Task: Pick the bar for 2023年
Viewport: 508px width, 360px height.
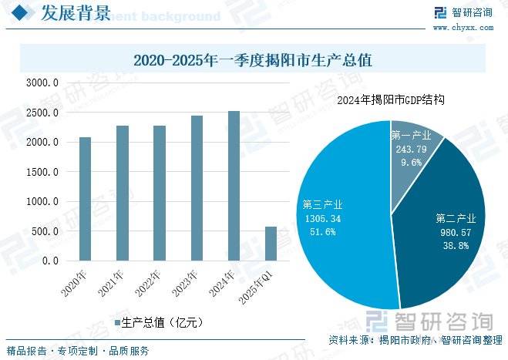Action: pos(197,188)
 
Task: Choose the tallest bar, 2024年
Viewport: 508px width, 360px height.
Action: pos(234,186)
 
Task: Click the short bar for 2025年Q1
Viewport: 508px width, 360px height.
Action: pos(271,244)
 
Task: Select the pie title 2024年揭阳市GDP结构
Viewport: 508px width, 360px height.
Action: pos(392,100)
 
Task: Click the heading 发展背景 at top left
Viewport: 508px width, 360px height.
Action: pos(74,13)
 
